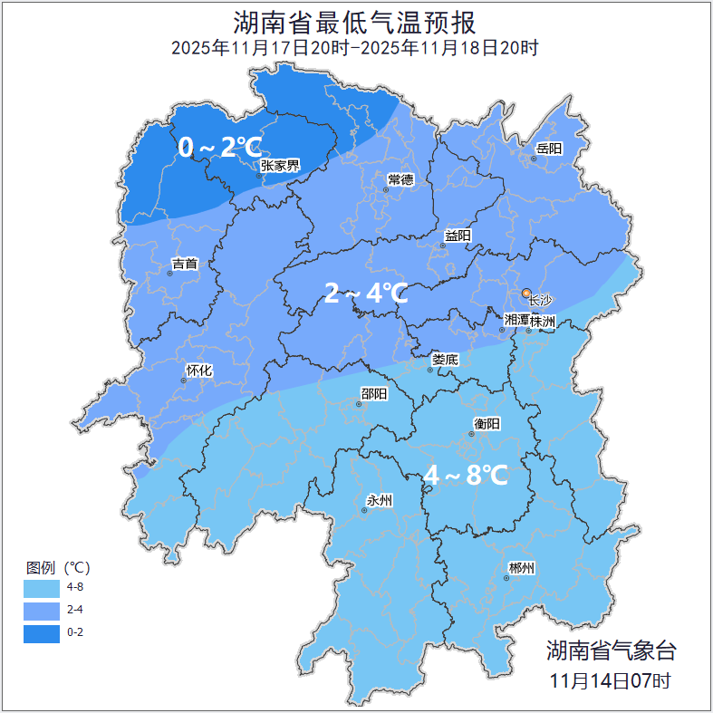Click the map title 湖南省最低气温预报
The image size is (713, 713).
(x=355, y=22)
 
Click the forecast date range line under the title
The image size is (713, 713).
(x=355, y=47)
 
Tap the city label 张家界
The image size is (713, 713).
(x=280, y=165)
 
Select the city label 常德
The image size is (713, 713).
(x=400, y=179)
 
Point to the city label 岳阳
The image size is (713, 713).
(x=548, y=149)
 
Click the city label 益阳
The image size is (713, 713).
(x=458, y=236)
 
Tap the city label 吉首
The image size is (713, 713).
(x=184, y=265)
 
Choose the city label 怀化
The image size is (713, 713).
(x=198, y=371)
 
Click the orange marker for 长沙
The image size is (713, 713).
(x=526, y=293)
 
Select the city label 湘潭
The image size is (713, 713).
(x=516, y=321)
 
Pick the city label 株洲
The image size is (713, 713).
(x=543, y=321)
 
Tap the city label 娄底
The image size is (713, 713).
(x=445, y=360)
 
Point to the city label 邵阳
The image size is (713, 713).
(x=373, y=393)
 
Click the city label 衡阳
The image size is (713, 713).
(x=487, y=423)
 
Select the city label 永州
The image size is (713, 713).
(x=379, y=500)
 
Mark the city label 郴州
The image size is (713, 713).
(x=521, y=568)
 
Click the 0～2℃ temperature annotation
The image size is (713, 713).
(x=219, y=146)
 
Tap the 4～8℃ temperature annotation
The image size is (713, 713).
(x=465, y=474)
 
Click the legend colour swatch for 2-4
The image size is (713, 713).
(x=42, y=610)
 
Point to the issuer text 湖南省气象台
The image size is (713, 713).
(x=611, y=650)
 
